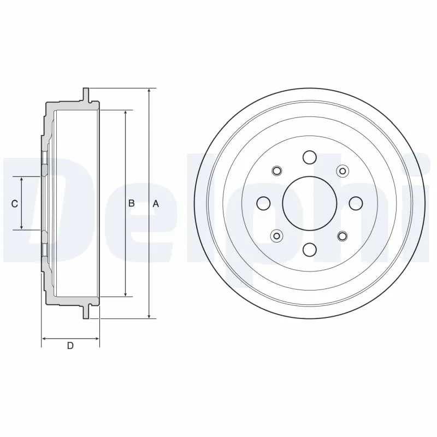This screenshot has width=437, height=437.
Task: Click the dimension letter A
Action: [156, 203]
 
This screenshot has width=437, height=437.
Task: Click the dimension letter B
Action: [131, 203]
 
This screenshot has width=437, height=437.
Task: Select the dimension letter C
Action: [15, 204]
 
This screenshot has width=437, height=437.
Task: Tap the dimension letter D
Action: [70, 345]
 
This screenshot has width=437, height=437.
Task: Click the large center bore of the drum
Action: [309, 203]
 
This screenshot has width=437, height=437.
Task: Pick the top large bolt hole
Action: [309, 157]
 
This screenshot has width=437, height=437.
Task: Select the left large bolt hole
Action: [263, 203]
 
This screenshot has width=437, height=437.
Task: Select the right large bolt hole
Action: [356, 203]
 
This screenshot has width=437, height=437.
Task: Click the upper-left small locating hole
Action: [276, 171]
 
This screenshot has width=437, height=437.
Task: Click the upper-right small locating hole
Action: [342, 171]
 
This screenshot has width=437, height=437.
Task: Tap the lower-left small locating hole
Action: [276, 236]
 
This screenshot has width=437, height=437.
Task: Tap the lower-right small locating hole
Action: [342, 236]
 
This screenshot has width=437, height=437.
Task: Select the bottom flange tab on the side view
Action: [86, 312]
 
